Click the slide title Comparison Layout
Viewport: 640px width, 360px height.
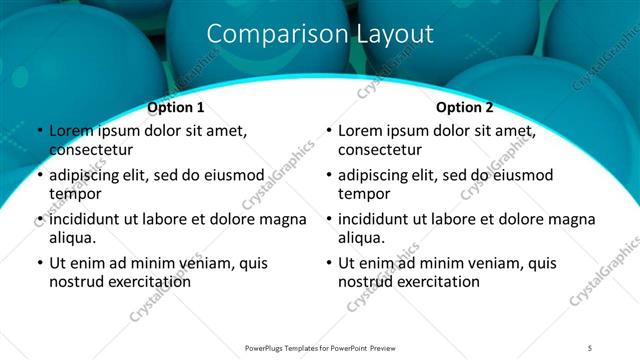(320, 34)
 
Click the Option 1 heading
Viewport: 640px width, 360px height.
(176, 107)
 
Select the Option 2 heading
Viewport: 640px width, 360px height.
(464, 107)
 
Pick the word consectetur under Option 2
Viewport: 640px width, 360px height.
(380, 150)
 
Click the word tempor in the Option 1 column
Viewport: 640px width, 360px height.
(73, 194)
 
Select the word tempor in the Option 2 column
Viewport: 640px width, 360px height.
(362, 194)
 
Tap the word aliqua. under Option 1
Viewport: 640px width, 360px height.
(73, 238)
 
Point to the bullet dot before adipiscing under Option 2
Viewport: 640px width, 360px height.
(329, 175)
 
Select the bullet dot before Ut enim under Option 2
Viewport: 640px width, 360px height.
(329, 263)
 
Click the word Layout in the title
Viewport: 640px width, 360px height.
(394, 34)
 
